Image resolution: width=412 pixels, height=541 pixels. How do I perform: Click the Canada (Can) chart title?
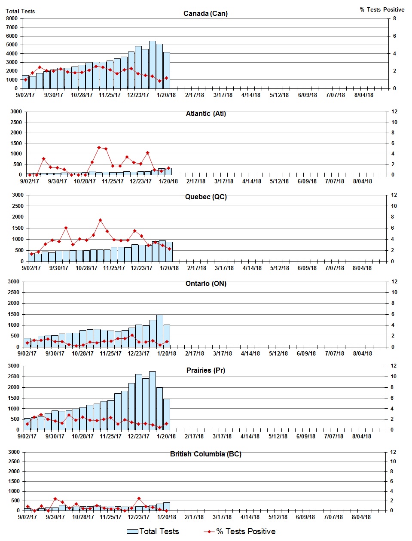[205, 13]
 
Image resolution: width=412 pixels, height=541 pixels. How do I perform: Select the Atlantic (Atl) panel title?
[206, 113]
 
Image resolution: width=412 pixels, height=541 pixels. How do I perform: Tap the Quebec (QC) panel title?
[206, 197]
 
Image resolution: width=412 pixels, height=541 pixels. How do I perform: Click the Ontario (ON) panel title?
[206, 283]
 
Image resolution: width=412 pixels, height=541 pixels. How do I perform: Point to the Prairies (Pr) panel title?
[206, 370]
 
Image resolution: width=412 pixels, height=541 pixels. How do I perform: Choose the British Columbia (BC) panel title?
[206, 454]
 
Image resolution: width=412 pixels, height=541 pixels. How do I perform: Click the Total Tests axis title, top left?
[20, 11]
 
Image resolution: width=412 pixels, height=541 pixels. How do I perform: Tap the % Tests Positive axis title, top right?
[382, 9]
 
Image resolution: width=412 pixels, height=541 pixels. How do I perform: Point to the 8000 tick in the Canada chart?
[12, 18]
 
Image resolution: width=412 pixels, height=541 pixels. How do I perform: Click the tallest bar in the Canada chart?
[152, 64]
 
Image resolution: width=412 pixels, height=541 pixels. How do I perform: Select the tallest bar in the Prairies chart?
[152, 400]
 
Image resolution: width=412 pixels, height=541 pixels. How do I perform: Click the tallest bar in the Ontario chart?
[159, 331]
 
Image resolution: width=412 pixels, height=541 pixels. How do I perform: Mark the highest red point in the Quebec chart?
[100, 220]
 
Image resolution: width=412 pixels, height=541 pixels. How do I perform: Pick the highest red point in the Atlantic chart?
[99, 147]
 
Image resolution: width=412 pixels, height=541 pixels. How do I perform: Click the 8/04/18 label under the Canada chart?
[363, 95]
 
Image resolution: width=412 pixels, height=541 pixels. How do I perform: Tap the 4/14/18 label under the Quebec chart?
[252, 268]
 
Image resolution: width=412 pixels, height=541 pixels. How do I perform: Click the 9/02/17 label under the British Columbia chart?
[27, 517]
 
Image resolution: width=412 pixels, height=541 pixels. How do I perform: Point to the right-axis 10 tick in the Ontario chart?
[394, 292]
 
